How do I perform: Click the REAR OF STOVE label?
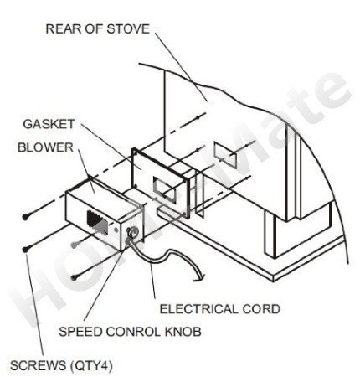[98, 29]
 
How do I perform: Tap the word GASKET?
[49, 124]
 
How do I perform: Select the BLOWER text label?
[45, 147]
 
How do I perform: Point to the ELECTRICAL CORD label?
[220, 309]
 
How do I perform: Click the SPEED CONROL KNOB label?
[130, 332]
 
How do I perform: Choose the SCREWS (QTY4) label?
[61, 365]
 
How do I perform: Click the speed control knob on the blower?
[132, 232]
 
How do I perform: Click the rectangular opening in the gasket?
[165, 191]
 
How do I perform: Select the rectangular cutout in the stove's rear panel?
[225, 155]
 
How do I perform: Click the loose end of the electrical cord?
[200, 277]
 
